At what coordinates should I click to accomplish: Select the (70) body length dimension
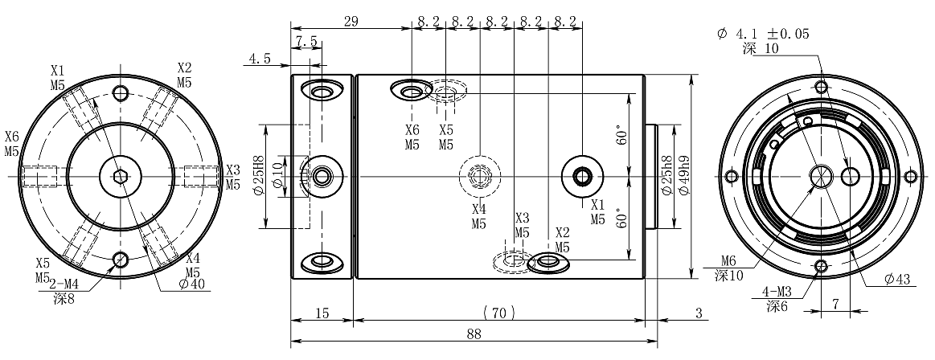(498, 312)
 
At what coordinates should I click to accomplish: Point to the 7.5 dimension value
(306, 41)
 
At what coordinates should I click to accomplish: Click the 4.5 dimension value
(259, 59)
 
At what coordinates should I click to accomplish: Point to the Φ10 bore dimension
(278, 175)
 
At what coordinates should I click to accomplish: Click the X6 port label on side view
(412, 129)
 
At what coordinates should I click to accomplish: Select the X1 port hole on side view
(581, 174)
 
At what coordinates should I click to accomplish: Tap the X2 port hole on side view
(547, 262)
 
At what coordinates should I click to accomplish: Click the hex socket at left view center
(121, 176)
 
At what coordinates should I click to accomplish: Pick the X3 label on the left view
(232, 170)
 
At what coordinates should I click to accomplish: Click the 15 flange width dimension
(321, 312)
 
